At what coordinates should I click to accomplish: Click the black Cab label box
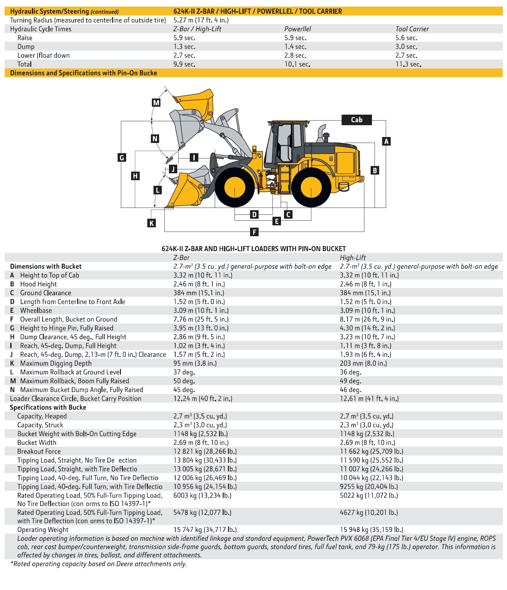356,120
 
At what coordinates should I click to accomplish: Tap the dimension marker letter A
386,141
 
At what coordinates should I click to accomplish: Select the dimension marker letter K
151,223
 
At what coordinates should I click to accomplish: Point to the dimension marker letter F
254,232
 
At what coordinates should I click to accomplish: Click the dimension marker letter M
156,102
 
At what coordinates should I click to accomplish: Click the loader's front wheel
235,187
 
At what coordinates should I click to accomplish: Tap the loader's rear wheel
311,187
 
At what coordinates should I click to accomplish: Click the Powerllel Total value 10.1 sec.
297,64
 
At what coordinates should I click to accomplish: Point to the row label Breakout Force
39,451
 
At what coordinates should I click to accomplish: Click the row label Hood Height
38,284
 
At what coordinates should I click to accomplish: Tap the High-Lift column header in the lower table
352,258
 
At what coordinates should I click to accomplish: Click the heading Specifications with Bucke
48,407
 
